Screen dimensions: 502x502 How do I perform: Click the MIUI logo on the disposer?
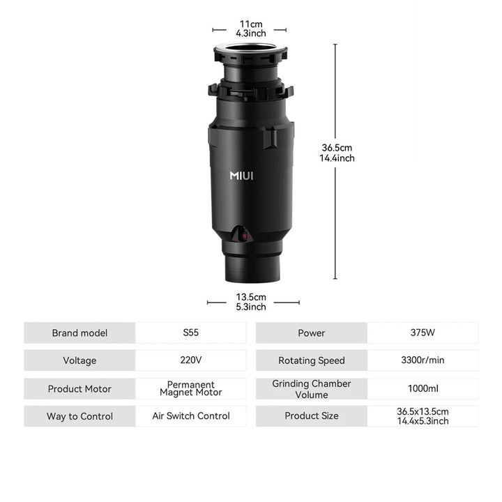coord(241,176)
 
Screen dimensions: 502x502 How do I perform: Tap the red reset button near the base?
coord(244,236)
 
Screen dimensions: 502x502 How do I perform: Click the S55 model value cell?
coord(191,333)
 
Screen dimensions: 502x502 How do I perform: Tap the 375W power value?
coord(423,333)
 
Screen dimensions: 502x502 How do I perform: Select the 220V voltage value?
coord(191,360)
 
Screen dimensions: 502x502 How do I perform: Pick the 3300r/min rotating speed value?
coord(423,360)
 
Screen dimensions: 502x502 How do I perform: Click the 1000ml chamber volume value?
coord(423,388)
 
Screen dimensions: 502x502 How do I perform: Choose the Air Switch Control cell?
coord(191,416)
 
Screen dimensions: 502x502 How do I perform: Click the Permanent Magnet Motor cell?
coord(191,388)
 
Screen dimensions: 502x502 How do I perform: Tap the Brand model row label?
coord(79,333)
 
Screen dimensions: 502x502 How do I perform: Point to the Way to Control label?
coord(79,416)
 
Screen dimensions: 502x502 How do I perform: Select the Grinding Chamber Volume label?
coord(312,389)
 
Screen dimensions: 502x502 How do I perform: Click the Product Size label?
coord(312,416)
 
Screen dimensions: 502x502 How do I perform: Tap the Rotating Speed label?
coord(312,360)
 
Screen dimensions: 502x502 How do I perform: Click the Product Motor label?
coord(79,389)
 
